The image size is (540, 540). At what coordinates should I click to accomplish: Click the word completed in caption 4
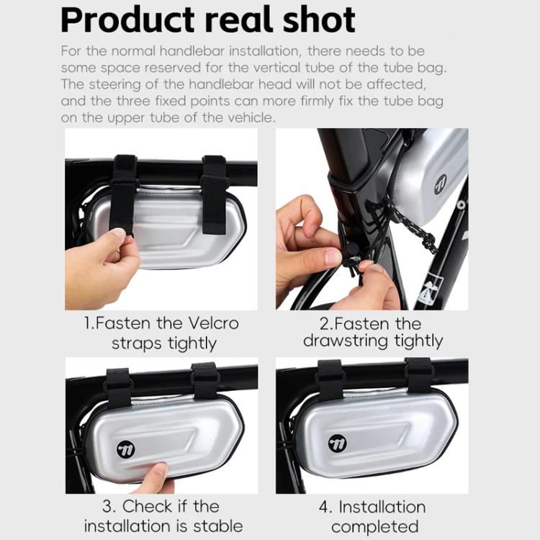pyautogui.click(x=374, y=526)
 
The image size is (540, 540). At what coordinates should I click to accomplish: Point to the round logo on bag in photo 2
pyautogui.click(x=441, y=183)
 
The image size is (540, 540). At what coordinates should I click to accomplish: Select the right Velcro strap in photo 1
pyautogui.click(x=215, y=194)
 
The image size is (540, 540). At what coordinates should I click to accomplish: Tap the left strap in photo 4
pyautogui.click(x=331, y=380)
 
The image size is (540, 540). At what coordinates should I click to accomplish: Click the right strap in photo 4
pyautogui.click(x=418, y=375)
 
